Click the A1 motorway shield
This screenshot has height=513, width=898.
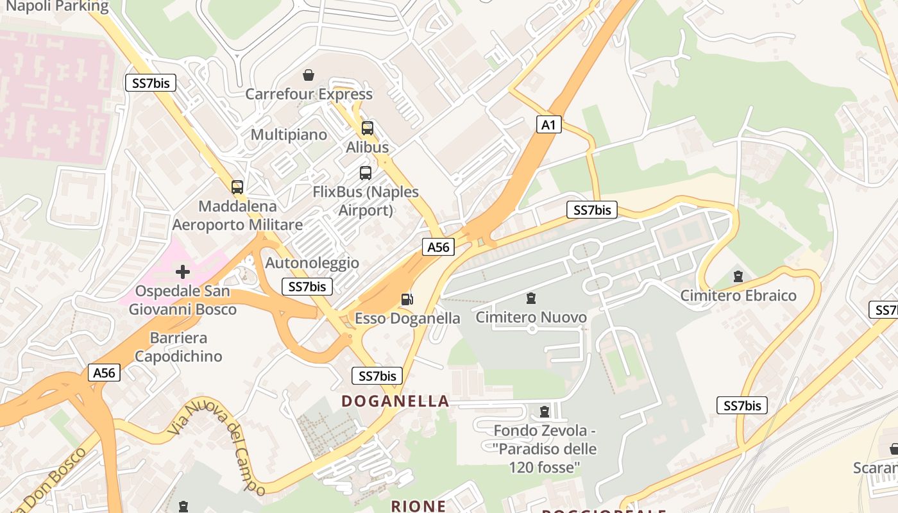(x=548, y=124)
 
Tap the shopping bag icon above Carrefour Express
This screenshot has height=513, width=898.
(x=309, y=76)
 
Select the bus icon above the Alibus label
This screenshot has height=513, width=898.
(x=368, y=128)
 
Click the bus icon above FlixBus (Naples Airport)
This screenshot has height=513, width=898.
(x=365, y=173)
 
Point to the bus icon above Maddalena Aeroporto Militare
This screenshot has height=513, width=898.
(x=237, y=187)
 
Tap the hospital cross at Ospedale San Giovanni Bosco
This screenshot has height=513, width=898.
(x=183, y=272)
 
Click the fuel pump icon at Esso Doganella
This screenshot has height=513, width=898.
(x=406, y=299)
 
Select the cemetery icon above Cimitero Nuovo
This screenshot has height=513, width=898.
(x=531, y=298)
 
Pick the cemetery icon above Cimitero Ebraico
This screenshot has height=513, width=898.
(x=738, y=276)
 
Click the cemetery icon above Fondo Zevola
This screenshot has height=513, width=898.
(x=545, y=411)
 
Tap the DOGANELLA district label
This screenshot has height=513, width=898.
(x=395, y=401)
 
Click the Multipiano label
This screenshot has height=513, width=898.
(x=289, y=135)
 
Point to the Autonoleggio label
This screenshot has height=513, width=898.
(x=312, y=263)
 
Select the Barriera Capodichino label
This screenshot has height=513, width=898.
(x=178, y=347)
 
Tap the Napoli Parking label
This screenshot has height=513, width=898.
(x=55, y=6)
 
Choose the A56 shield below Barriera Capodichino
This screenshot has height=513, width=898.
(x=105, y=373)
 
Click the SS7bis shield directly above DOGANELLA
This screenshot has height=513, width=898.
(x=377, y=376)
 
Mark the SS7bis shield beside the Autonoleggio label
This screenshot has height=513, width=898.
(x=307, y=287)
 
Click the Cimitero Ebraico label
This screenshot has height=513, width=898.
(x=738, y=296)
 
